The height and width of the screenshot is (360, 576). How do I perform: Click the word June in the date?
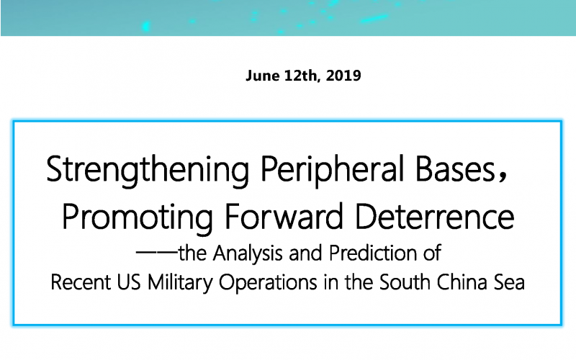pyautogui.click(x=262, y=76)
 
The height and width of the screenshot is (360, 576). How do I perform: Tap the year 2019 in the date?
pyautogui.click(x=343, y=76)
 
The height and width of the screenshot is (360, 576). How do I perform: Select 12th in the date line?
pyautogui.click(x=301, y=76)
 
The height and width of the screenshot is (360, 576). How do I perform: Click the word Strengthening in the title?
pyautogui.click(x=148, y=170)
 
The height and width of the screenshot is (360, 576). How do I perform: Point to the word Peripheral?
pyautogui.click(x=332, y=170)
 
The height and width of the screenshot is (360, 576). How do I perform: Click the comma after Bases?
pyautogui.click(x=503, y=177)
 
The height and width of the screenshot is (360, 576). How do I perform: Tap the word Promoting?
pyautogui.click(x=138, y=217)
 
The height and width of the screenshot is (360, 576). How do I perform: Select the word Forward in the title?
pyautogui.click(x=284, y=217)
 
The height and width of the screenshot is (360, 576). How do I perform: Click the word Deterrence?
pyautogui.click(x=435, y=217)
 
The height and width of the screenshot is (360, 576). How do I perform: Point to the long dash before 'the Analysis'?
pyautogui.click(x=157, y=252)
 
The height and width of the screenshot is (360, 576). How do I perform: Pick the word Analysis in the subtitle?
pyautogui.click(x=248, y=254)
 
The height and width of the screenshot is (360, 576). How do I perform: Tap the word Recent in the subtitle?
pyautogui.click(x=81, y=282)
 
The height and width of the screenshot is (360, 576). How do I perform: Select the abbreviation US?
pyautogui.click(x=129, y=282)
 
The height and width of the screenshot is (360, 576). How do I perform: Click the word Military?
pyautogui.click(x=180, y=283)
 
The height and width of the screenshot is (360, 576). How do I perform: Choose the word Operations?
pyautogui.click(x=268, y=283)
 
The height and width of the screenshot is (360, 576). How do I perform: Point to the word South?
pyautogui.click(x=405, y=282)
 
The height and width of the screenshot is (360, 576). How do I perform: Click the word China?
pyautogui.click(x=462, y=282)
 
